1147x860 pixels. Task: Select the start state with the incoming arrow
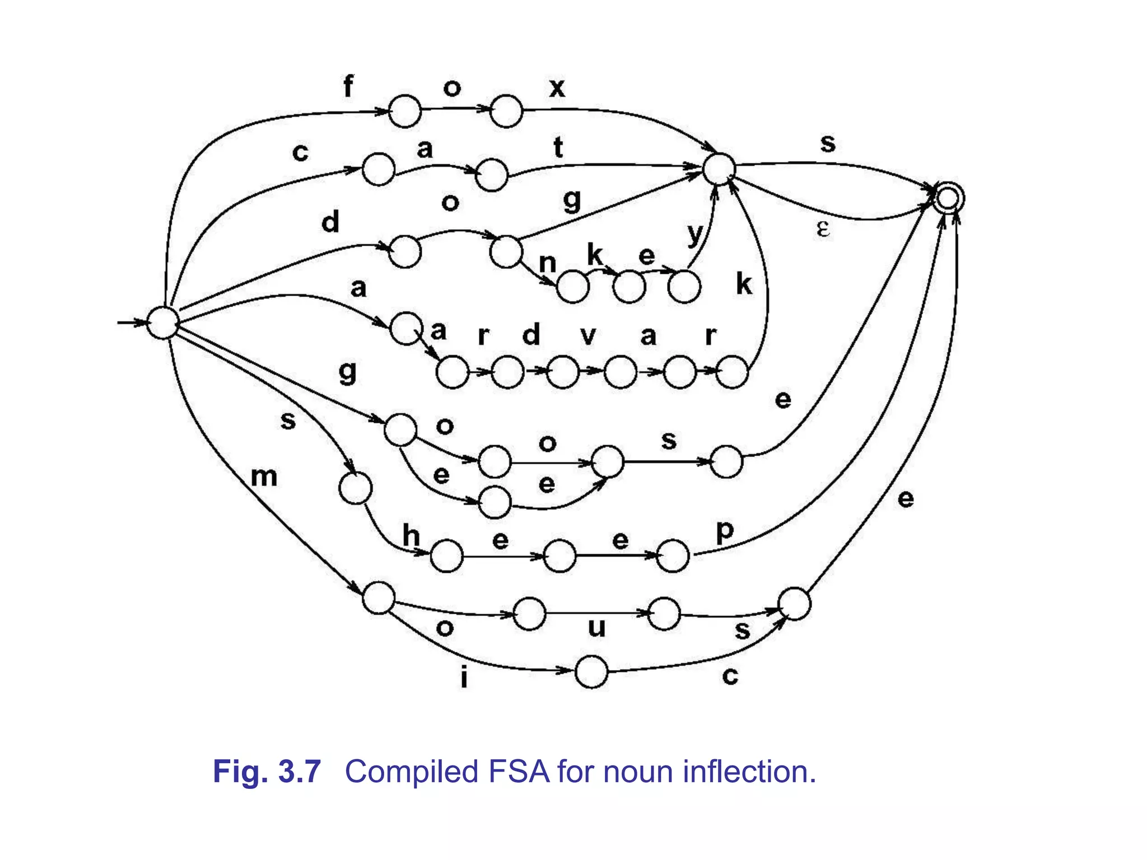[x=162, y=323]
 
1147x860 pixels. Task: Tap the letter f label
[x=348, y=87]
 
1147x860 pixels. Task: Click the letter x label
[x=557, y=88]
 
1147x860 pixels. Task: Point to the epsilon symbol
[x=822, y=229]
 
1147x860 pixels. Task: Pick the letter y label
[x=694, y=234]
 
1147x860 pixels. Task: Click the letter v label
[x=588, y=336]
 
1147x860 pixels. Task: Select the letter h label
[x=412, y=535]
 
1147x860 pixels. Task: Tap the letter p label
[x=725, y=531]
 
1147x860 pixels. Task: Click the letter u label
[x=597, y=628]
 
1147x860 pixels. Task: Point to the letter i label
[x=464, y=677]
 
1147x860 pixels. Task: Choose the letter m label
[x=264, y=477]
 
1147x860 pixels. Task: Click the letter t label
[x=558, y=148]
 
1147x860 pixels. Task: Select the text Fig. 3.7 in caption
[x=267, y=772]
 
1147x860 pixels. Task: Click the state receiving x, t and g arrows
[x=719, y=169]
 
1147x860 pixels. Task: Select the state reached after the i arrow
[x=591, y=672]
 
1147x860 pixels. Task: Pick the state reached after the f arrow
[x=404, y=111]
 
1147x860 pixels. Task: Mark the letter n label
[x=547, y=263]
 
